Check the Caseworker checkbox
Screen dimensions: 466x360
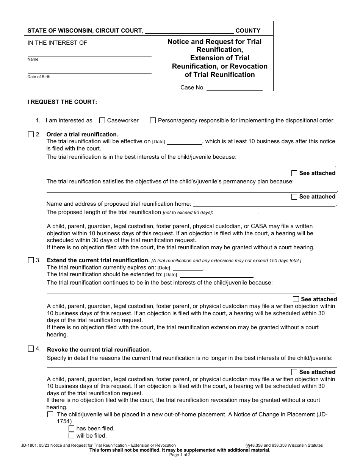102,120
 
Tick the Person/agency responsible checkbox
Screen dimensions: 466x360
153,120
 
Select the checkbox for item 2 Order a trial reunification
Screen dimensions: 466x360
31,134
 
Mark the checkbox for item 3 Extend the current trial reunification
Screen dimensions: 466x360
31,260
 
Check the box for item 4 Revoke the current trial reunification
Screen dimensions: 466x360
31,349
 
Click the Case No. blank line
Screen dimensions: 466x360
234,88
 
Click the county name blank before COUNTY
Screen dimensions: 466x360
189,31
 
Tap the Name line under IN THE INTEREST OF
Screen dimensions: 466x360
89,53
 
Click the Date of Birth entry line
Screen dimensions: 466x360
89,70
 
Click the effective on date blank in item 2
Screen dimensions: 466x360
184,141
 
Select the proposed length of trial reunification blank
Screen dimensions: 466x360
236,212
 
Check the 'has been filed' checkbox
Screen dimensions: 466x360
71,428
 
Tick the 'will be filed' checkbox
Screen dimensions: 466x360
71,436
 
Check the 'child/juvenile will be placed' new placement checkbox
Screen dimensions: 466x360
50,414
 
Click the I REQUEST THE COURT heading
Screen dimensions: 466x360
62,102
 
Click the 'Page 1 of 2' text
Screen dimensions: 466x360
180,455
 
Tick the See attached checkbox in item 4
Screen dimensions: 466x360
294,372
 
